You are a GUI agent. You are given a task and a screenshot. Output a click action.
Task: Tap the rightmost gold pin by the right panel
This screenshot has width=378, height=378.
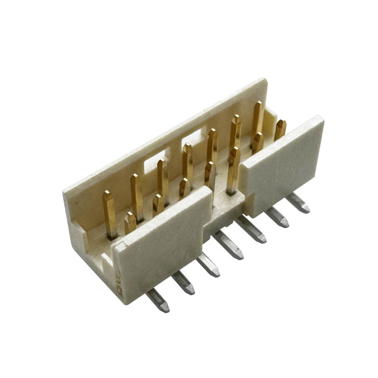[280, 129]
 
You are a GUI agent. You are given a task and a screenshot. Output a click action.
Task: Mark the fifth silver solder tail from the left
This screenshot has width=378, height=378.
[253, 231]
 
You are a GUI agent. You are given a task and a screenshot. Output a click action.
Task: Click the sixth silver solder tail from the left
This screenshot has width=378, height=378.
[277, 216]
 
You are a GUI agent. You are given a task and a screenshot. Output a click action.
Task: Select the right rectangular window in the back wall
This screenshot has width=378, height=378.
[194, 141]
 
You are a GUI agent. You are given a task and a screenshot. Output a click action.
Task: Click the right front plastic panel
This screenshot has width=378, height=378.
[283, 158]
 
